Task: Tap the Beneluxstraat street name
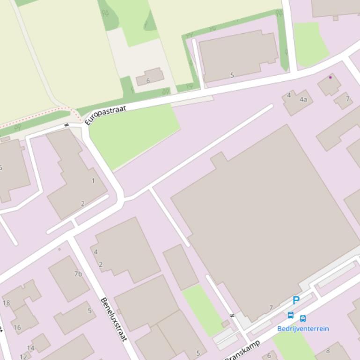(114, 319)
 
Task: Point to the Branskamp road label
(243, 351)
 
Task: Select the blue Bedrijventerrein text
(303, 329)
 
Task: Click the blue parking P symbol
(296, 301)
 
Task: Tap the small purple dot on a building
(331, 77)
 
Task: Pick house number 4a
(303, 99)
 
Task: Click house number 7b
(78, 274)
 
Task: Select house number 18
(6, 303)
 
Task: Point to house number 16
(17, 327)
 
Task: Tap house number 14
(30, 348)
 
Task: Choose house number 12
(23, 357)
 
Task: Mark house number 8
(328, 351)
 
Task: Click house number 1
(93, 181)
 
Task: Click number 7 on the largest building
(271, 308)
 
